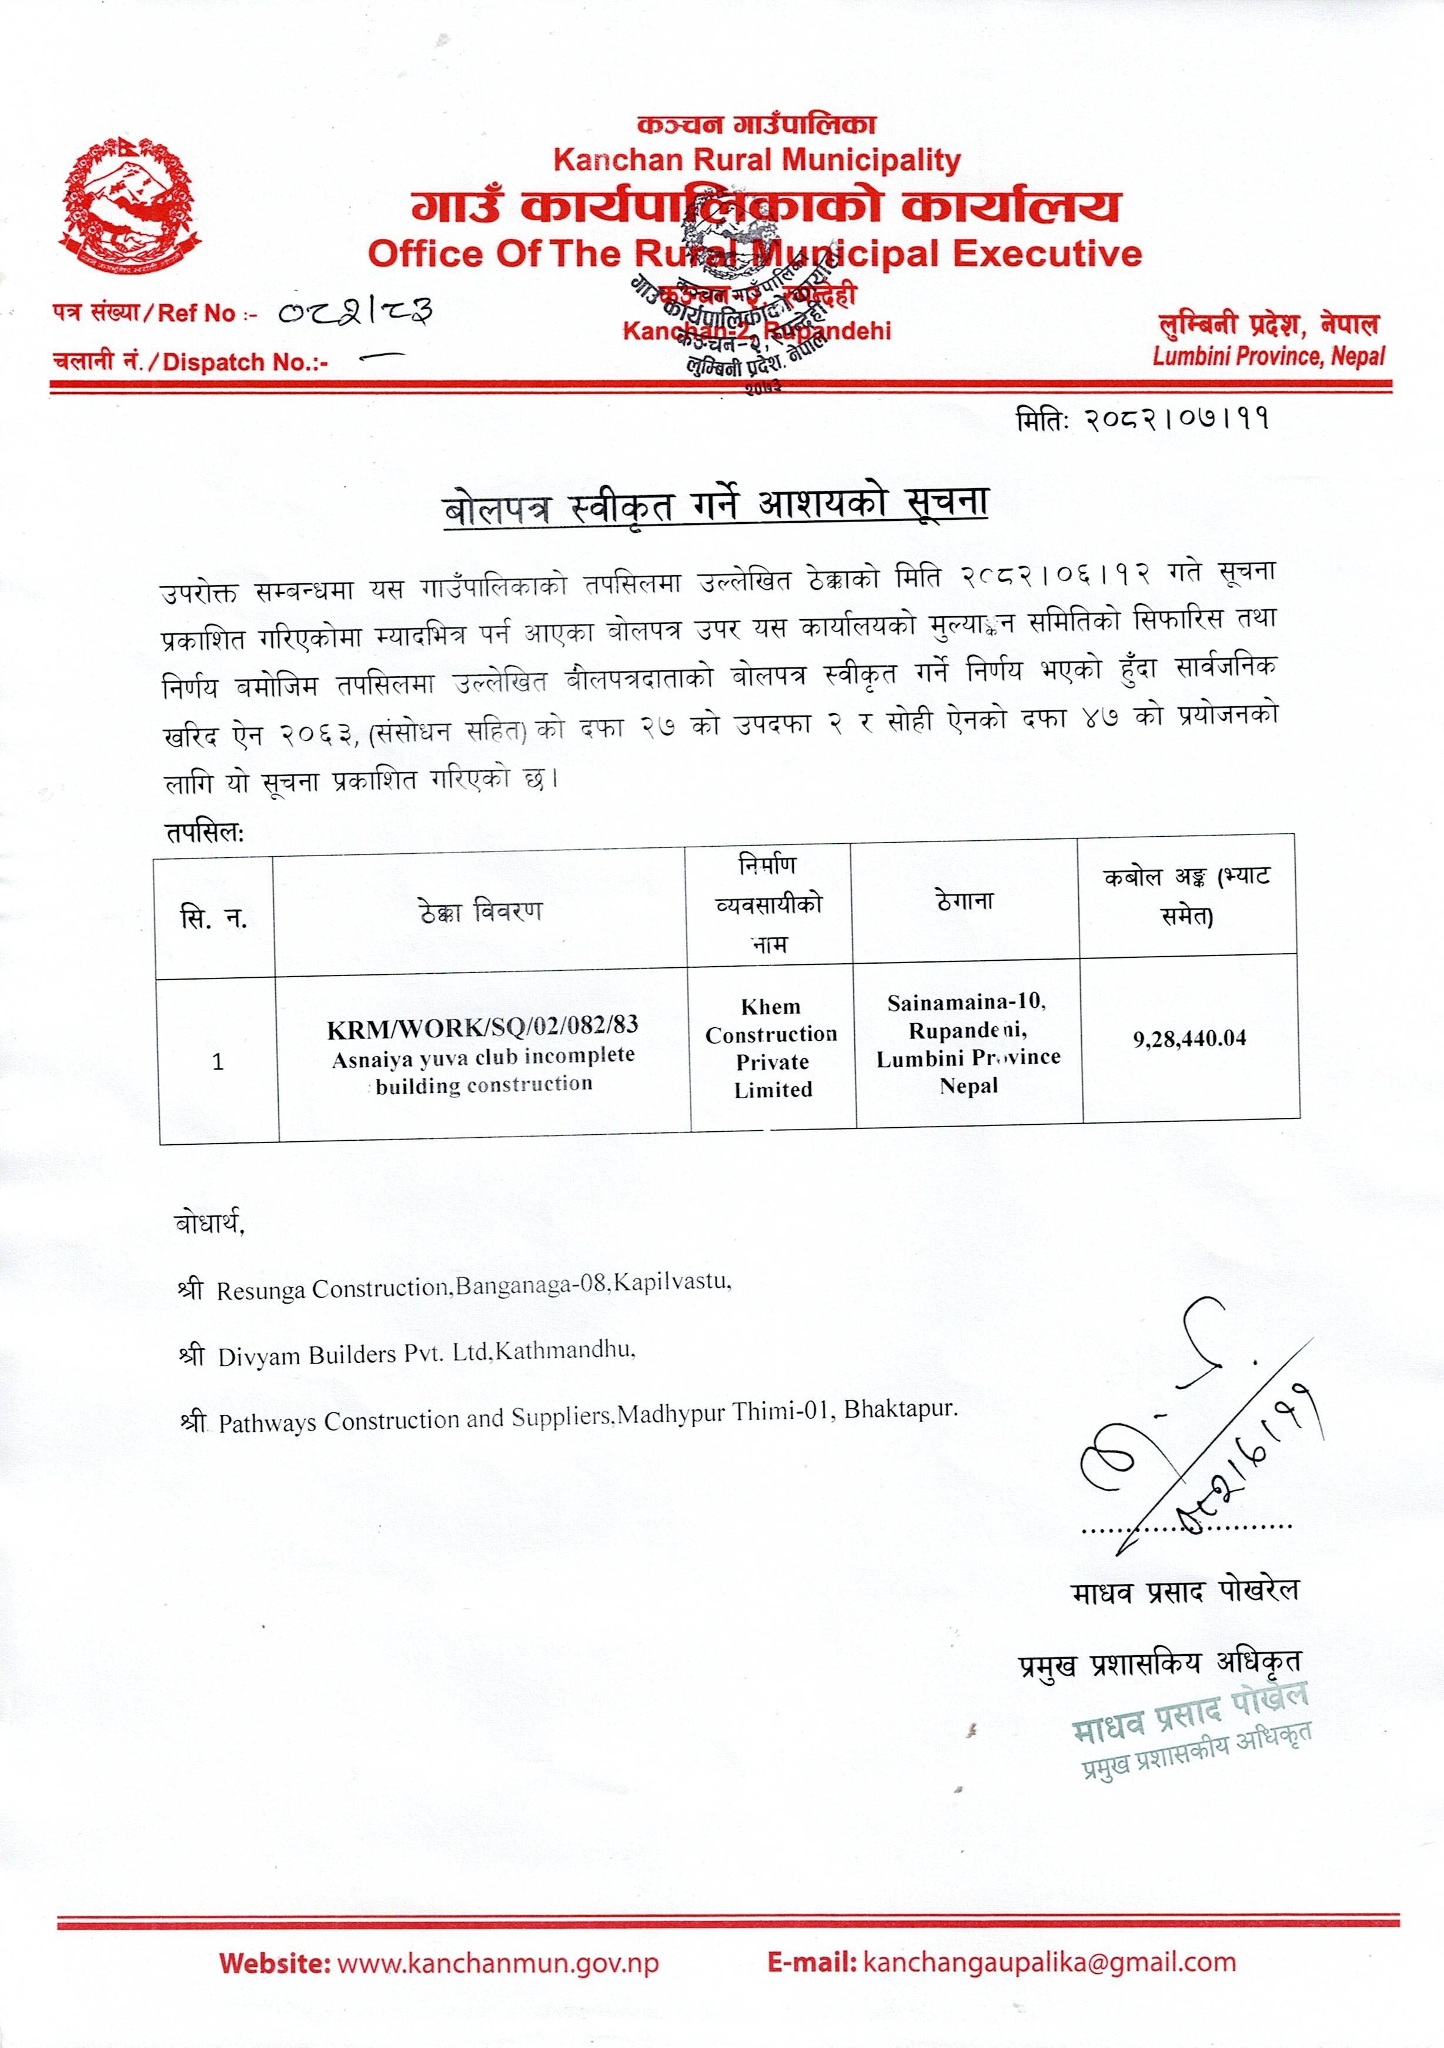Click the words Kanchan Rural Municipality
[x=756, y=161]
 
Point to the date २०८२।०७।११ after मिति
[x=1177, y=419]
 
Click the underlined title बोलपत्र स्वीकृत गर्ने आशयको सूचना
[x=716, y=507]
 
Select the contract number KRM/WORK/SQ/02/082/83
[x=483, y=1028]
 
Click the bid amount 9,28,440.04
[x=1190, y=1038]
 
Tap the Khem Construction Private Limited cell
[x=771, y=1048]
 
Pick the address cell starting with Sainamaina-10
[x=968, y=1044]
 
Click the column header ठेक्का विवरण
[x=480, y=911]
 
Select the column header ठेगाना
[x=964, y=901]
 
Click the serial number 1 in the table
[x=218, y=1061]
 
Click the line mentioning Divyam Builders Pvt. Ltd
[x=426, y=1355]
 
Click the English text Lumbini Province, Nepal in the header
[x=1268, y=357]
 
